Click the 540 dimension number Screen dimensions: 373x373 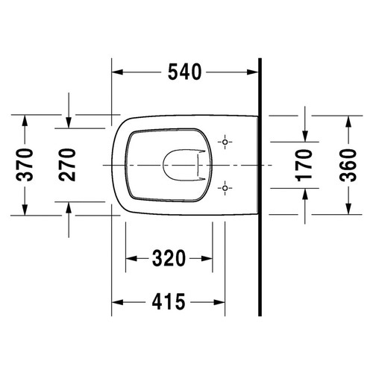pos(184,72)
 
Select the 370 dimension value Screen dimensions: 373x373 pos(25,165)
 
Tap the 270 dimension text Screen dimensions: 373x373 pos(67,165)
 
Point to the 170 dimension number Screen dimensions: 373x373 pos(304,165)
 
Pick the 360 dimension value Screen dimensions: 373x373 pos(348,165)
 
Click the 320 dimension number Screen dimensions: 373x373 pos(169,258)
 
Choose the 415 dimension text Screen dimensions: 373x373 pos(169,302)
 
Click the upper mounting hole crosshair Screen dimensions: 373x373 pos(225,142)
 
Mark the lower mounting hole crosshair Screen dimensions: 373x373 pos(225,188)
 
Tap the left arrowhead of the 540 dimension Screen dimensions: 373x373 pos(117,72)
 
